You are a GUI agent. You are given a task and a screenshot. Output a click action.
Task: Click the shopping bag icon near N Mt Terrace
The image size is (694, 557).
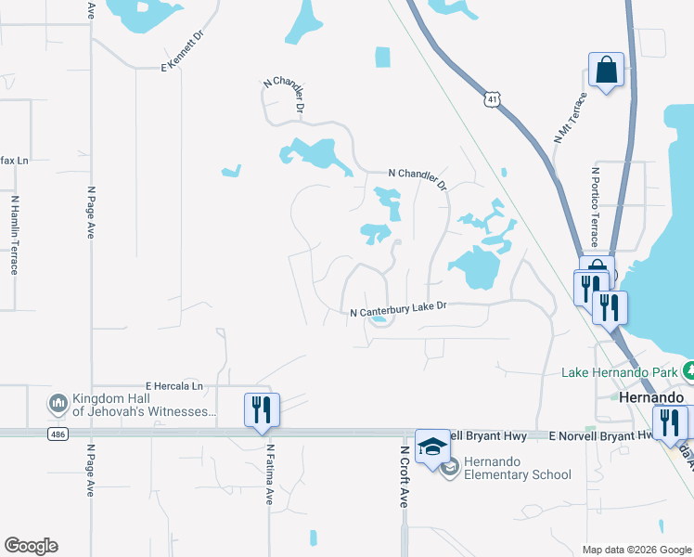[x=606, y=71]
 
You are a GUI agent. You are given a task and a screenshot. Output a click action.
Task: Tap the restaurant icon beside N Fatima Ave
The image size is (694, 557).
[x=262, y=409]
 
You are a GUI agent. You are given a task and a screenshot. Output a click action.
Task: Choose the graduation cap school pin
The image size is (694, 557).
[x=432, y=447]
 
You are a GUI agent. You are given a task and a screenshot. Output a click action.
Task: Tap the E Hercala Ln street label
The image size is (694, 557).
[x=173, y=385]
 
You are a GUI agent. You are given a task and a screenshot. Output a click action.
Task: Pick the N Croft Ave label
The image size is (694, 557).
[x=405, y=475]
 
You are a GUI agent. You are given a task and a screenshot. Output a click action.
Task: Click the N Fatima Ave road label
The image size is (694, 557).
[x=270, y=473]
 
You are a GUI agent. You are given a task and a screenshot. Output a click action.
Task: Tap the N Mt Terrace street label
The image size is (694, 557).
[x=571, y=117]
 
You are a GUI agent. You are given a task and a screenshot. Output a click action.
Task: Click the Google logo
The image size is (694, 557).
[x=31, y=546]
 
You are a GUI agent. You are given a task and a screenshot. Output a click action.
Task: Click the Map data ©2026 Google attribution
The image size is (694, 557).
[x=636, y=550]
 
